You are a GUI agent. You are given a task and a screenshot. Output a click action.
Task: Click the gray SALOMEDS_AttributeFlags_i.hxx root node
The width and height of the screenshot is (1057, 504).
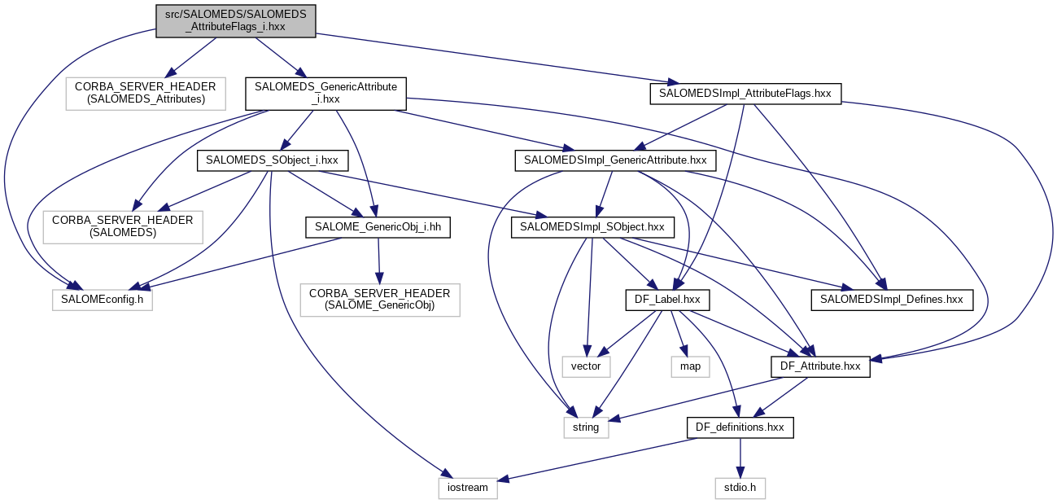(235, 20)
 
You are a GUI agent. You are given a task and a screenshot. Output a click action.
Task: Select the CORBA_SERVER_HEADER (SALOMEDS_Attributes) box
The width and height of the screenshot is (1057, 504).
(146, 93)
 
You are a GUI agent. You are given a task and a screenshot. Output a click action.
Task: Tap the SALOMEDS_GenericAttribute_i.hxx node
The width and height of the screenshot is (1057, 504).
(325, 93)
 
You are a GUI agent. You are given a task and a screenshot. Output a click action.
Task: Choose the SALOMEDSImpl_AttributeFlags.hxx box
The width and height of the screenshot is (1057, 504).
(745, 93)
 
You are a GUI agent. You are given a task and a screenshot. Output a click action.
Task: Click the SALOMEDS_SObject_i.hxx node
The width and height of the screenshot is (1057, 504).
(273, 160)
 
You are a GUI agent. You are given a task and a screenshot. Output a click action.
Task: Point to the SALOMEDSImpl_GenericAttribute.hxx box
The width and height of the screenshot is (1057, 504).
(615, 160)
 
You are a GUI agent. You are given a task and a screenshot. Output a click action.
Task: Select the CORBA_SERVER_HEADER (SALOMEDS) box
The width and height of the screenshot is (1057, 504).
(123, 227)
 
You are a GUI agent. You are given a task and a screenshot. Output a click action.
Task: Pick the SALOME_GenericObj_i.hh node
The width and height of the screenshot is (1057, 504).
(378, 227)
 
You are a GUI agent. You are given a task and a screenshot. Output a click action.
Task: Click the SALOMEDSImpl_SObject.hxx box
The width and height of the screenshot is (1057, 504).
(592, 227)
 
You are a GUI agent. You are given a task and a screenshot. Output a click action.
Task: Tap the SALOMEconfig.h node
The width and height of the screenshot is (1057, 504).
(103, 300)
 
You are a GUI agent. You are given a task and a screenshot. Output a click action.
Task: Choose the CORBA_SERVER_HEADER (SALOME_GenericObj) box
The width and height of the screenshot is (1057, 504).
(379, 300)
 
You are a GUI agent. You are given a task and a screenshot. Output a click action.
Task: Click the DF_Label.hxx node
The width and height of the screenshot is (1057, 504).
(666, 300)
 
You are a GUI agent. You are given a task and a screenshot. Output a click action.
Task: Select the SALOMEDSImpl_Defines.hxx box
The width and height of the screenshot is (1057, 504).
(891, 300)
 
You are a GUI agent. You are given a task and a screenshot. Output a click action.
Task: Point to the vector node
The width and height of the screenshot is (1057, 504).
(586, 366)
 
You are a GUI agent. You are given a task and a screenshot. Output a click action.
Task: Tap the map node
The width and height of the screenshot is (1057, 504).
(690, 366)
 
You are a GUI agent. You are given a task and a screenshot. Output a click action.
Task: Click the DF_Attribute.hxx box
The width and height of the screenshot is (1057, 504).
(820, 366)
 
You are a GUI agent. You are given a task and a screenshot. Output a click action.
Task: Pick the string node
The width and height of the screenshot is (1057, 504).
(586, 427)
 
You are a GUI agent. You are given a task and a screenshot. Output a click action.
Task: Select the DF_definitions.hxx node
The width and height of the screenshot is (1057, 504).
(740, 427)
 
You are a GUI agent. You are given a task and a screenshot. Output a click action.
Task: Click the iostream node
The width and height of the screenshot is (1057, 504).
(468, 488)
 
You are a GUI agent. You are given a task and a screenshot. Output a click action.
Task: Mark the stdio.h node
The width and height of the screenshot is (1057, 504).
(740, 488)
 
